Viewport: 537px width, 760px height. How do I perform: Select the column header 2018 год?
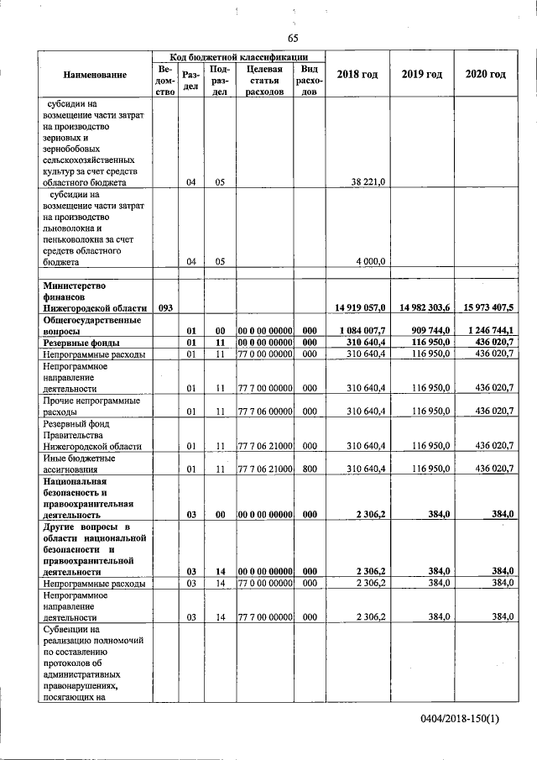coord(357,75)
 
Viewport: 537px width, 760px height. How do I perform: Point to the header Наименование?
coord(94,75)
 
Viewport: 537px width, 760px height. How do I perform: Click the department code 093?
coord(164,308)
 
